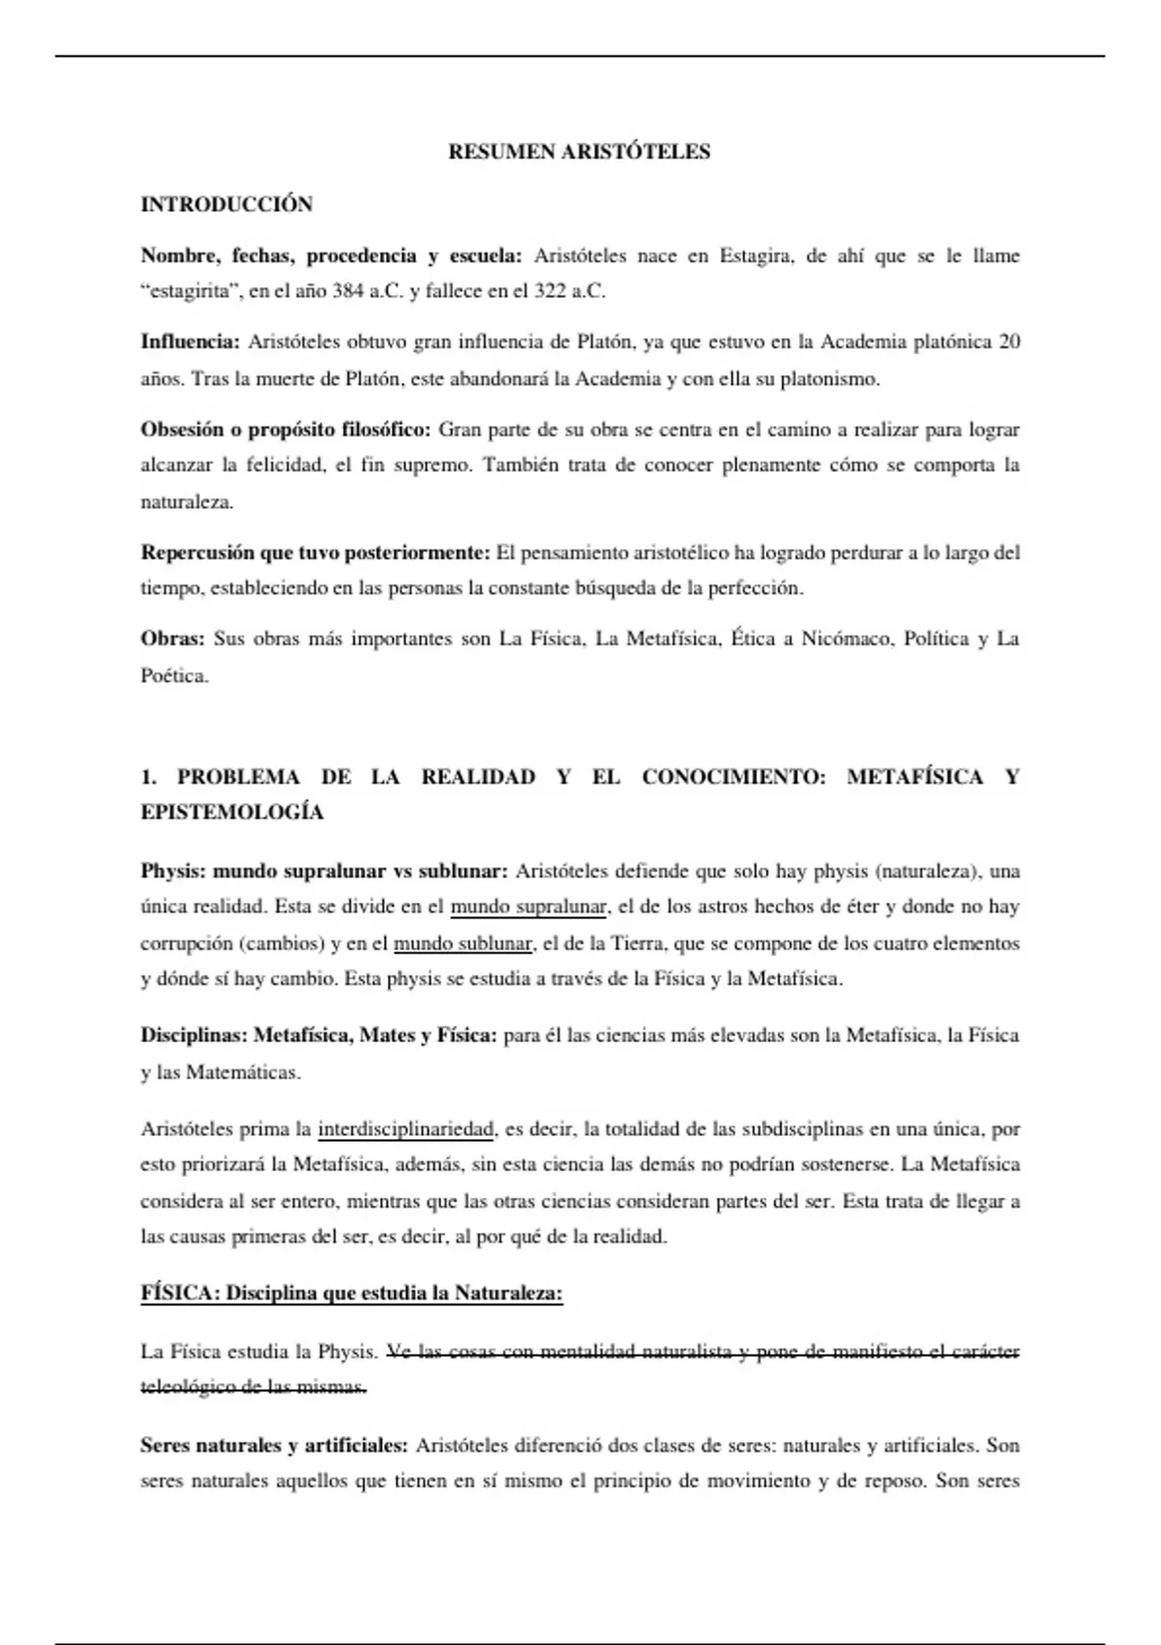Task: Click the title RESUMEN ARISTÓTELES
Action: (x=580, y=152)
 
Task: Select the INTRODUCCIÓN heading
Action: (x=226, y=204)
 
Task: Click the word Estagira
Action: (x=757, y=256)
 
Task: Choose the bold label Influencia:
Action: (x=190, y=343)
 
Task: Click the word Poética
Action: (x=174, y=676)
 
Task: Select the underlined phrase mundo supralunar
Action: (x=528, y=908)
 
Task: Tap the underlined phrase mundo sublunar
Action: (x=463, y=943)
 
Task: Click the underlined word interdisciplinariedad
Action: (x=405, y=1129)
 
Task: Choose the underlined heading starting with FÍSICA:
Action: (x=351, y=1295)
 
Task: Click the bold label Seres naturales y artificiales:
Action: (x=274, y=1447)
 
